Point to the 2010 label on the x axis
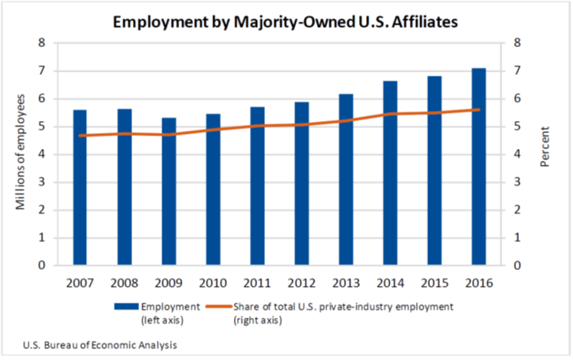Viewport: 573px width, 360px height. (212, 283)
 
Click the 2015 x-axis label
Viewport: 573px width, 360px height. (434, 283)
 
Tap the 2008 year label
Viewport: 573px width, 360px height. (124, 283)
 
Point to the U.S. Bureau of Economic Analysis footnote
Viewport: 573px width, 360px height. (99, 345)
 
